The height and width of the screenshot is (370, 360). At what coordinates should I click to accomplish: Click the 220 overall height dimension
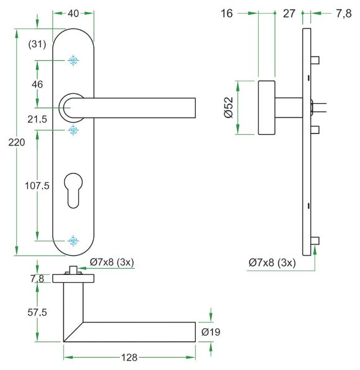coord(17,142)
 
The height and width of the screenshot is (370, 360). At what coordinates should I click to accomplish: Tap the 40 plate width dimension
coord(73,14)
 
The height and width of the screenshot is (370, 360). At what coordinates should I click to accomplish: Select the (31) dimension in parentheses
coord(37,44)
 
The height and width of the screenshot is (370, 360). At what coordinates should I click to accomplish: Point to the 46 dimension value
coord(37,84)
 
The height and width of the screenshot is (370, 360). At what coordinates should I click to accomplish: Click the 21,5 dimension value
coord(37,119)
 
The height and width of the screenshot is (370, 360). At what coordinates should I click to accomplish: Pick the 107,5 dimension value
coord(37,186)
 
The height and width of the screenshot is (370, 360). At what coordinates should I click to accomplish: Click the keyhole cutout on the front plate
coord(73,190)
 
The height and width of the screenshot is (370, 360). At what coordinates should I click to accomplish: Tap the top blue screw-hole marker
coord(73,61)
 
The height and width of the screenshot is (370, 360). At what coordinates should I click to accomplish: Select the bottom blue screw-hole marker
coord(73,241)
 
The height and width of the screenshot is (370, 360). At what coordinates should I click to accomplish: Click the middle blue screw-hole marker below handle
coord(73,130)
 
